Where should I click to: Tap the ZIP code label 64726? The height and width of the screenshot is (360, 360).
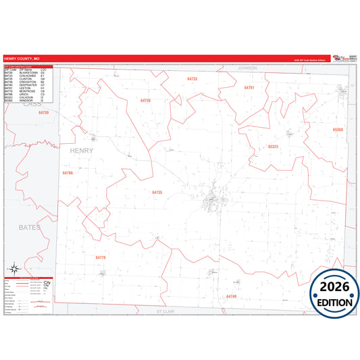coord(145,101)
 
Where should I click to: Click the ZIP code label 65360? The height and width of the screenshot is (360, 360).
coord(338,128)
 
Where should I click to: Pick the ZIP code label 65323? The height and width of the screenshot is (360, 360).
coord(273,146)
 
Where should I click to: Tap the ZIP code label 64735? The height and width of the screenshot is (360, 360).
coord(157,192)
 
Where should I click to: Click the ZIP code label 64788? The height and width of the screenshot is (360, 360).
coord(68,173)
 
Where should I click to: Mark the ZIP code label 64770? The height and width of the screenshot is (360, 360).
coord(101,257)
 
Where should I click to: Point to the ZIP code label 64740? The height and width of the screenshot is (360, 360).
coord(232,296)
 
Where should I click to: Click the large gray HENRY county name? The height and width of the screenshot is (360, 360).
coord(82,151)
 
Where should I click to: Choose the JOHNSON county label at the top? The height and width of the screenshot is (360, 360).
coord(247,68)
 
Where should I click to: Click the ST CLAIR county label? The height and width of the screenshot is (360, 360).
coord(165,311)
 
